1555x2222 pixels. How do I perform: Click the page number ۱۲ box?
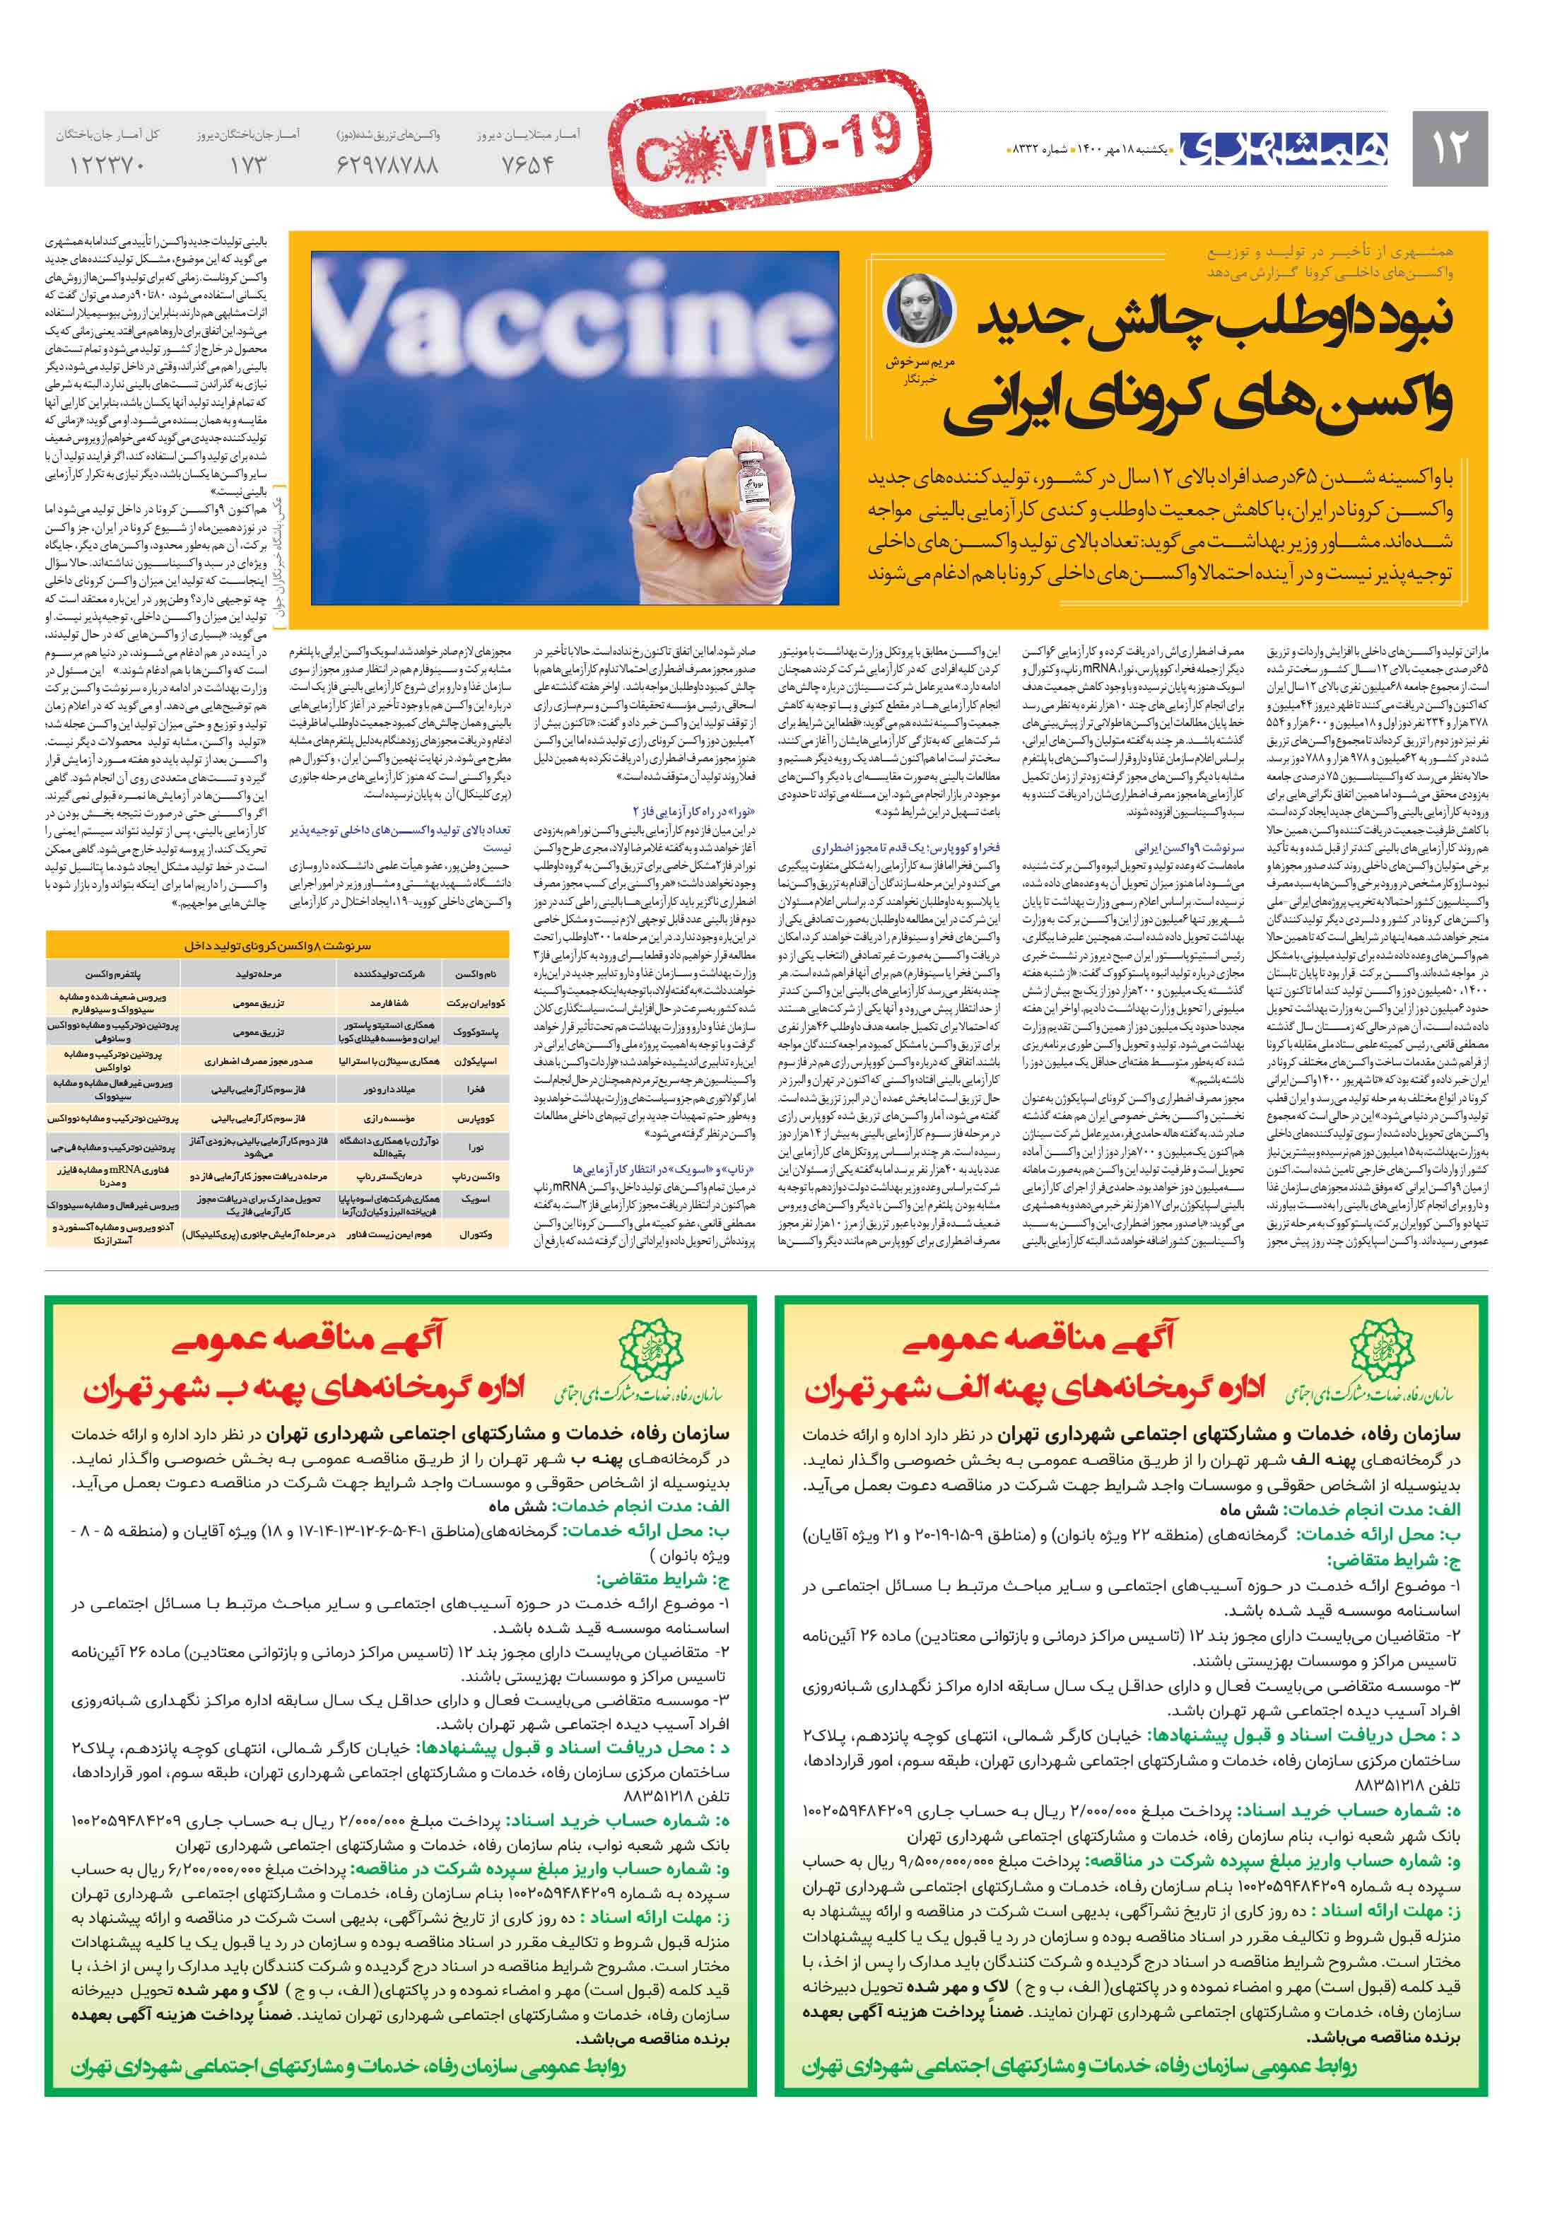(x=1448, y=148)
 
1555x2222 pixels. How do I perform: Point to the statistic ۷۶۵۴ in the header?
(x=527, y=165)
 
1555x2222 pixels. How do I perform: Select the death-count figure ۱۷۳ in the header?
(x=247, y=165)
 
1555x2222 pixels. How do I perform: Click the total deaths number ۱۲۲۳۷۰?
(x=107, y=165)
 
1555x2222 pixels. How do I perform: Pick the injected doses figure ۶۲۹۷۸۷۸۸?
(x=387, y=165)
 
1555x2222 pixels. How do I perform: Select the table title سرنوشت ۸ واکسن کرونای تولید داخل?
(x=278, y=945)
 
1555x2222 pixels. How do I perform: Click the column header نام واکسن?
(x=476, y=973)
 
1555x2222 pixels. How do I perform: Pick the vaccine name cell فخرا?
(x=476, y=1089)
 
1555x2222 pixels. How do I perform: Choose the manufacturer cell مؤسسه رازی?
(x=391, y=1118)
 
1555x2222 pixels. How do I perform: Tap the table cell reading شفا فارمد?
(x=391, y=1004)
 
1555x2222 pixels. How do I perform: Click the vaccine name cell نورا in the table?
(x=476, y=1147)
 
